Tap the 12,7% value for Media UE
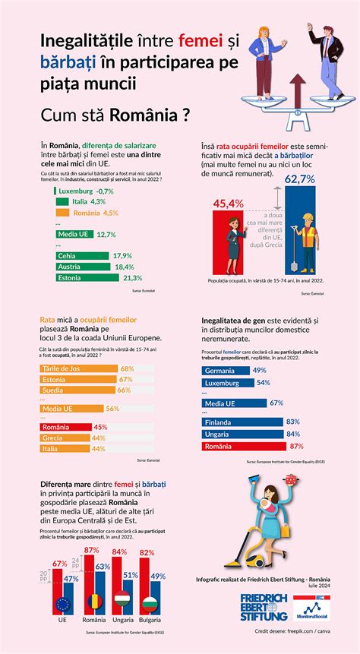(x=106, y=235)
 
